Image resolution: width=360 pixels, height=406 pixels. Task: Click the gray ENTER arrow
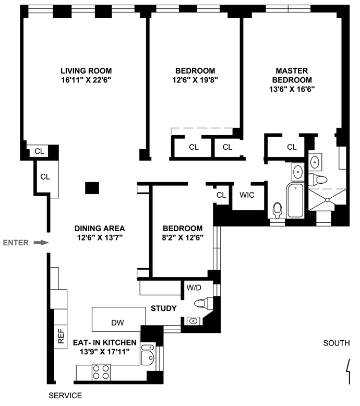(41, 243)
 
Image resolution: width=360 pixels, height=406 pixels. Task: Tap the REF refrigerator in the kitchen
(61, 337)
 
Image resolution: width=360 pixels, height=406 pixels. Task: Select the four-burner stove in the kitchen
(101, 372)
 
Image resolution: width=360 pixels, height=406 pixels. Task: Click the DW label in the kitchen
(117, 323)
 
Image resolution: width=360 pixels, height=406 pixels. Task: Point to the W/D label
(194, 288)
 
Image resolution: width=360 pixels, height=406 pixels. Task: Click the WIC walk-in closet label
(247, 195)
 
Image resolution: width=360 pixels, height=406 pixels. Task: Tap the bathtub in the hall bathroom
(295, 200)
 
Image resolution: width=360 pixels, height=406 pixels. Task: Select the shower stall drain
(327, 200)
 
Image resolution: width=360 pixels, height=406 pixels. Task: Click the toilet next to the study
(203, 303)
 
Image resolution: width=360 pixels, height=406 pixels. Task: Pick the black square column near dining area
(92, 188)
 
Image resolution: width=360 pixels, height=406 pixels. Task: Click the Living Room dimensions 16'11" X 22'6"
(86, 80)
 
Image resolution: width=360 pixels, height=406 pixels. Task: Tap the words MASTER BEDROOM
(292, 75)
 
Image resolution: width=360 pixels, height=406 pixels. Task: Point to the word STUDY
(164, 308)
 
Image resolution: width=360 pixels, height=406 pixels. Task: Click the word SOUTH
(337, 343)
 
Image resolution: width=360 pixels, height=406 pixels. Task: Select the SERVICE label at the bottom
(65, 396)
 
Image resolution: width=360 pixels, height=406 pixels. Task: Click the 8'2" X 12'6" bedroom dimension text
(183, 237)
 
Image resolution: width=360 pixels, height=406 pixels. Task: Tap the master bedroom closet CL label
(292, 147)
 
